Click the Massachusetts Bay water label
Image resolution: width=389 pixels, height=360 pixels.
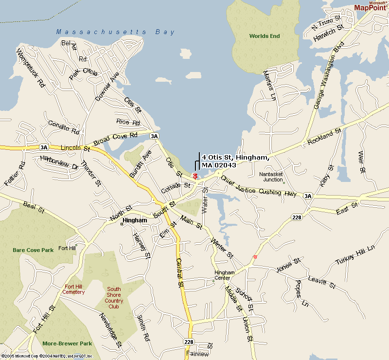(115, 32)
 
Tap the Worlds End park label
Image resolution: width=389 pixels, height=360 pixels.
(265, 36)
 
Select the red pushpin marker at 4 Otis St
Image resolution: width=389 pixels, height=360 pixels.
(195, 176)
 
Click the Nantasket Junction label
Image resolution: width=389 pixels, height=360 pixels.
(271, 177)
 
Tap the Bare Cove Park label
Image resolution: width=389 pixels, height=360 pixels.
(33, 250)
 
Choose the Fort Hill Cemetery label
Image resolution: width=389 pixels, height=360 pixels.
(73, 289)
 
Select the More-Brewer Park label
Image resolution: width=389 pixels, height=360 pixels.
(67, 343)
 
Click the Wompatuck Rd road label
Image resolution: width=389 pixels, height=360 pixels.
(31, 68)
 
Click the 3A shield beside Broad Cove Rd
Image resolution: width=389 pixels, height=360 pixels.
(155, 136)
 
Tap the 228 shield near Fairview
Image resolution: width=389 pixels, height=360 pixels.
(189, 342)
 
